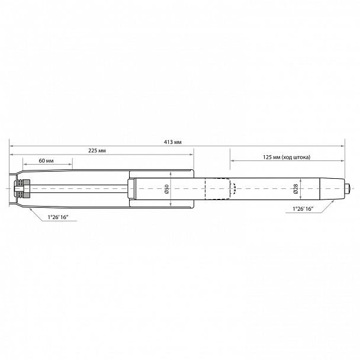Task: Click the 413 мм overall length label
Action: tap(172, 143)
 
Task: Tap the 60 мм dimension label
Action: tap(46, 161)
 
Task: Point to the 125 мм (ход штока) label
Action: tap(285, 157)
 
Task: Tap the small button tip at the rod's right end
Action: tap(346, 189)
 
